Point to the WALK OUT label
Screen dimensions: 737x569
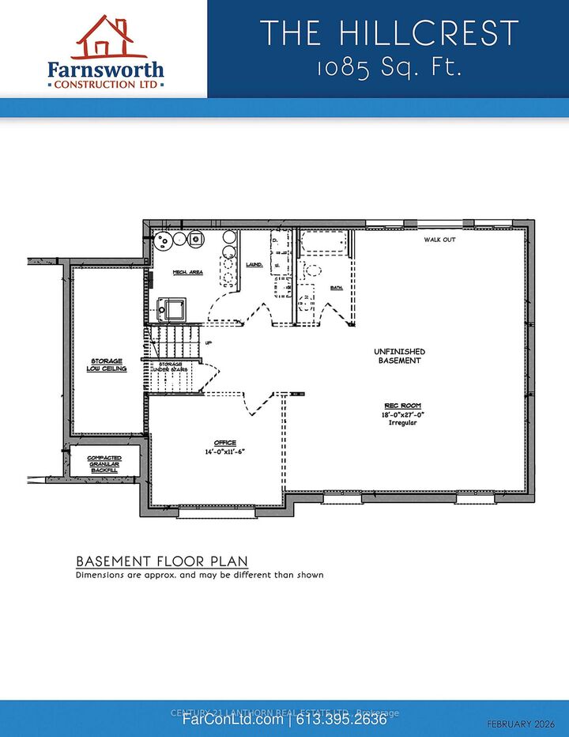[439, 240]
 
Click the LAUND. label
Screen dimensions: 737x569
[254, 265]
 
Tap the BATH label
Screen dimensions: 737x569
[336, 287]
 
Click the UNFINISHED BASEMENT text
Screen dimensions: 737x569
[399, 356]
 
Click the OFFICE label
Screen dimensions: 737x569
[225, 443]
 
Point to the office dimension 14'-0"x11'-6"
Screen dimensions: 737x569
[225, 452]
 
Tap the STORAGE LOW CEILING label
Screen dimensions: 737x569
[107, 365]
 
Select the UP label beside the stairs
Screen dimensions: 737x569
[208, 342]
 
